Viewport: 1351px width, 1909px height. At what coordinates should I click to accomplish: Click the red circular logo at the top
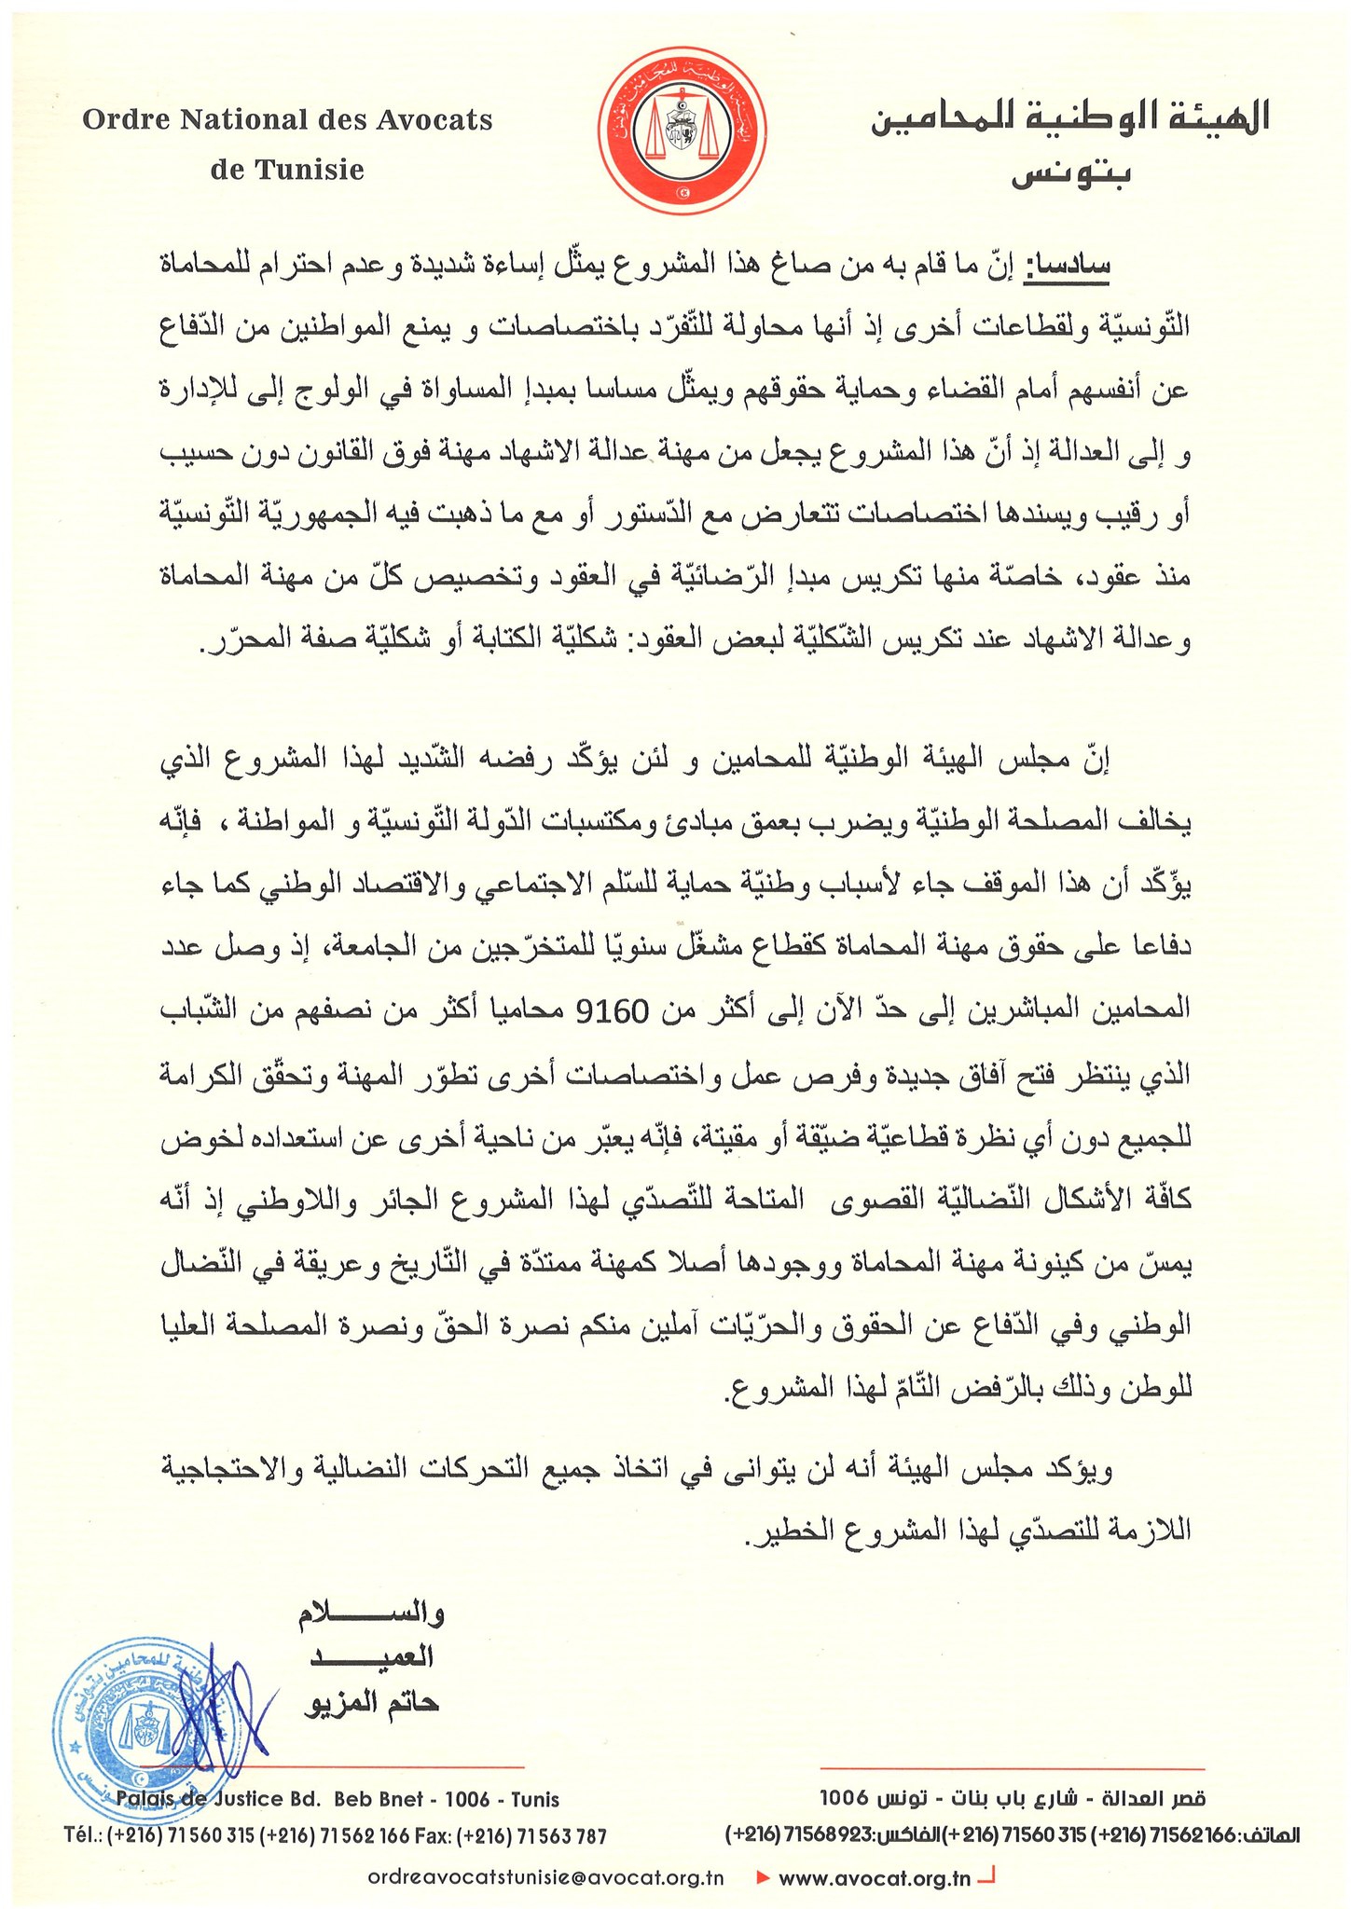[x=682, y=132]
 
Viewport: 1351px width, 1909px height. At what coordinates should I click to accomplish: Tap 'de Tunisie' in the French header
[x=287, y=170]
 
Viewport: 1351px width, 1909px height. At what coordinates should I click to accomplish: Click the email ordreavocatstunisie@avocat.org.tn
[x=546, y=1877]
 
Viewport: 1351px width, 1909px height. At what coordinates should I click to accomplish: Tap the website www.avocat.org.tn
[x=874, y=1877]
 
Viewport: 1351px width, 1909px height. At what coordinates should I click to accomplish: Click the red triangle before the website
[x=763, y=1877]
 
